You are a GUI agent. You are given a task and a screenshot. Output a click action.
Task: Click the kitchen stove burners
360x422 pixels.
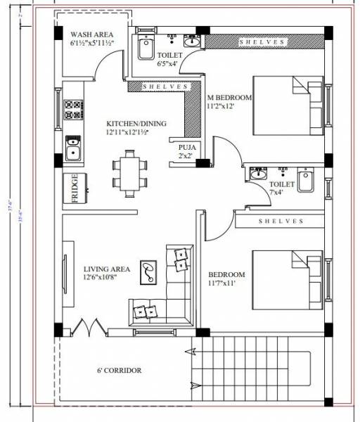[72, 110]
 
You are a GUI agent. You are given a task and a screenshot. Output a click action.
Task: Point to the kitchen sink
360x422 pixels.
[72, 148]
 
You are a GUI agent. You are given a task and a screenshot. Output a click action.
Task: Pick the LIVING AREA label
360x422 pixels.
[107, 273]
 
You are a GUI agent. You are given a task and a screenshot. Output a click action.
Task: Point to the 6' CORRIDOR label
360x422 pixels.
[120, 370]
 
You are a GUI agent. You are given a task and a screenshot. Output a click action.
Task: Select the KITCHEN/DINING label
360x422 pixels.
[137, 126]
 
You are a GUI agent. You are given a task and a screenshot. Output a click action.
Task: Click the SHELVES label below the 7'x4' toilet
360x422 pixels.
[281, 221]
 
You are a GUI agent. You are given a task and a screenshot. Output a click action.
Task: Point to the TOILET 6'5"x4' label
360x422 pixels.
[169, 58]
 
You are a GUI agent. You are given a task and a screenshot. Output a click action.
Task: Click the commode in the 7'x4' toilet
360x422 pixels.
[306, 181]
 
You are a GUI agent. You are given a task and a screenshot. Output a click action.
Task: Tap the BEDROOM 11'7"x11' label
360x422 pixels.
[226, 279]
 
